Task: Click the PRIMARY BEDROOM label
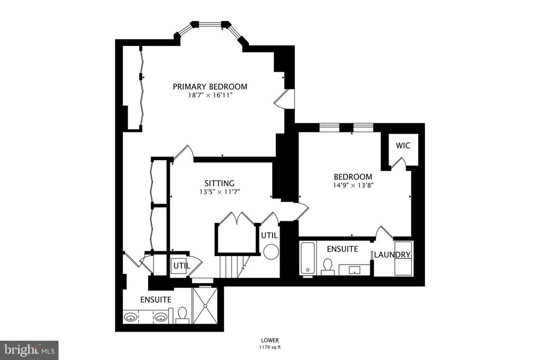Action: click(x=210, y=86)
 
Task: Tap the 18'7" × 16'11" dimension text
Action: click(x=210, y=95)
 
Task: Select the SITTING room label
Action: click(x=219, y=183)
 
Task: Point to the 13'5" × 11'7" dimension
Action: click(x=219, y=192)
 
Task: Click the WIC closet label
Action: click(x=403, y=145)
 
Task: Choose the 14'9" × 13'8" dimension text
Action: click(x=353, y=185)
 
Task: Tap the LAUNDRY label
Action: click(x=392, y=255)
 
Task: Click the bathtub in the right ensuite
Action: click(x=307, y=258)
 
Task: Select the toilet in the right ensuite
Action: click(x=327, y=267)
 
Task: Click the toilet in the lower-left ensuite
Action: click(x=182, y=315)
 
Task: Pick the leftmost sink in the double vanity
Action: click(x=130, y=317)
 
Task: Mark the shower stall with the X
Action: click(x=205, y=305)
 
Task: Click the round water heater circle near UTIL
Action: click(x=271, y=251)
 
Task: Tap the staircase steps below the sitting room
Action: click(x=233, y=266)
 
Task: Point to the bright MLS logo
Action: click(x=29, y=351)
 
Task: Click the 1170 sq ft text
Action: click(x=269, y=347)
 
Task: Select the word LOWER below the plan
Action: click(x=269, y=340)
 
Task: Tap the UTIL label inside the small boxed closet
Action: click(x=181, y=266)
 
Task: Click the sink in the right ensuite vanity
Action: click(x=354, y=270)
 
